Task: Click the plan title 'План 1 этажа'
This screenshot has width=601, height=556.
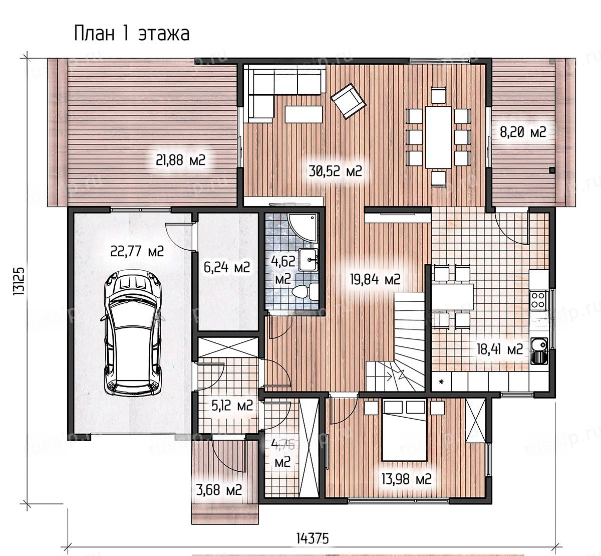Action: (x=132, y=33)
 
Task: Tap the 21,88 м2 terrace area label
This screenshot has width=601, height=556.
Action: (x=181, y=159)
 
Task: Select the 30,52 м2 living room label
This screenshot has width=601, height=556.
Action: (x=335, y=171)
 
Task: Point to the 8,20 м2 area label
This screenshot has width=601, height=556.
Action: (x=523, y=132)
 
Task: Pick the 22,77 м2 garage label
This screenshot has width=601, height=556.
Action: (x=137, y=251)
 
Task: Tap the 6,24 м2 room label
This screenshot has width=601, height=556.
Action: (x=227, y=268)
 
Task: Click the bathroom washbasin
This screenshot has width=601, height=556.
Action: (x=309, y=260)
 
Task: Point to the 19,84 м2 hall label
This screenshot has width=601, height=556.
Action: (x=375, y=279)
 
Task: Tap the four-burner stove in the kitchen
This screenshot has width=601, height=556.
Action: (x=539, y=300)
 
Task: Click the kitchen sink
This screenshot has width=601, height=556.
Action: (x=539, y=351)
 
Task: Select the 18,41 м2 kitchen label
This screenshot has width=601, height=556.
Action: (x=500, y=349)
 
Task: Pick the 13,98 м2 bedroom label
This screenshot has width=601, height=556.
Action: (x=406, y=479)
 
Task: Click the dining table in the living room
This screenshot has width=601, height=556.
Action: (x=439, y=137)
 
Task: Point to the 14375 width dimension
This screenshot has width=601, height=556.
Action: (x=313, y=538)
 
